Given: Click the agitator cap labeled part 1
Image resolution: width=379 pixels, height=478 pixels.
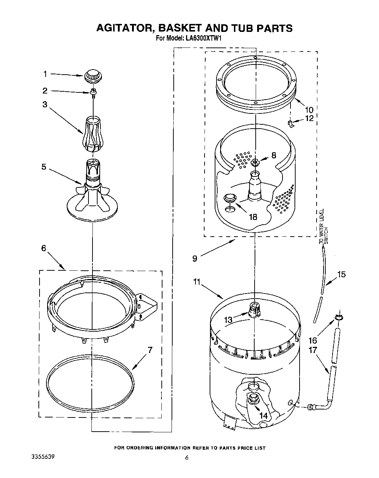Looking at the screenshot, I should point(93,76).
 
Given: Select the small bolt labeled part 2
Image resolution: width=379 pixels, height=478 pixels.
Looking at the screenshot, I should point(93,92).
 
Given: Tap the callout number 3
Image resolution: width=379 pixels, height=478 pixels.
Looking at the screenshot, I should point(45,105).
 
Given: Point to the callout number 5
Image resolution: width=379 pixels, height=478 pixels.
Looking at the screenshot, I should point(44,167).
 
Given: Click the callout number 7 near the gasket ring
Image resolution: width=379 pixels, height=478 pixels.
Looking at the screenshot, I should point(149,350).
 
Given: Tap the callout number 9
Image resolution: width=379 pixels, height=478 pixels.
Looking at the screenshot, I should point(195,258).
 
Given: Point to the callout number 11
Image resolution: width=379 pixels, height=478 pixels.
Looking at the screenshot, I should point(197,282).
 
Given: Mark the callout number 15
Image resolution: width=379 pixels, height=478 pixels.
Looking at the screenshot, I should point(341,274).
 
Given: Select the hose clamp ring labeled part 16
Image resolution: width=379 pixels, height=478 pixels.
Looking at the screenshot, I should point(338,318).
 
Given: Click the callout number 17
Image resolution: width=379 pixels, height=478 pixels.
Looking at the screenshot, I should point(313,350).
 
